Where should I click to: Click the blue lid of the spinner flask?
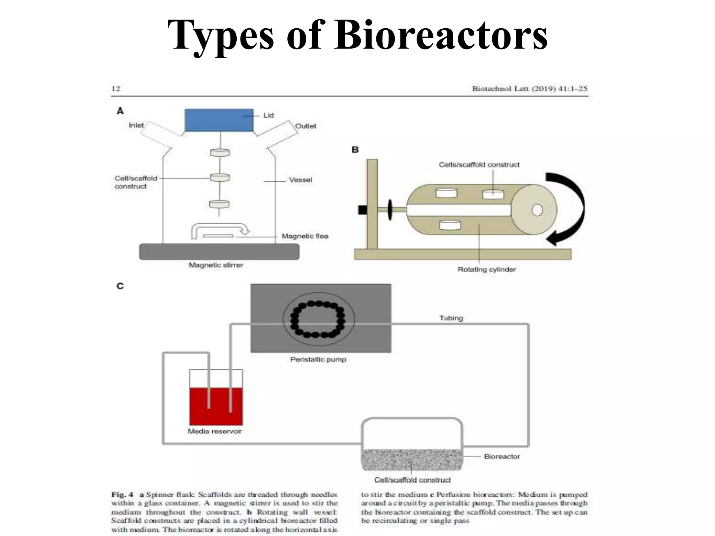coord(219,120)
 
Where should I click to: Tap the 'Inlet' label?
coord(136,125)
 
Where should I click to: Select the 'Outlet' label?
coord(305,126)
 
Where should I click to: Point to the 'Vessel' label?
coord(300,180)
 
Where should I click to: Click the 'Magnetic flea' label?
coord(305,236)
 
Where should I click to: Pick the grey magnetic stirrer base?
coord(219,252)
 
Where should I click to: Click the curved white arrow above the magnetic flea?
coord(220,228)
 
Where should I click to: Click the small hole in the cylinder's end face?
coord(537,210)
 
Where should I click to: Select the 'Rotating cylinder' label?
coord(487,269)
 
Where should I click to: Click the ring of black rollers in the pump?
coord(318,320)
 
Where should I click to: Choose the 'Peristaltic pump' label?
coord(318,359)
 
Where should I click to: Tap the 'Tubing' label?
coord(451,318)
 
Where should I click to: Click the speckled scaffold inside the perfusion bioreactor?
coord(412,460)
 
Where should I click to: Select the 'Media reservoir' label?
coord(215,431)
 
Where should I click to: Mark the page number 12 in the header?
coord(116,89)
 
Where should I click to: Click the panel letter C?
coord(120,286)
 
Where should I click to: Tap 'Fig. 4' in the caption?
coord(122,494)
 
